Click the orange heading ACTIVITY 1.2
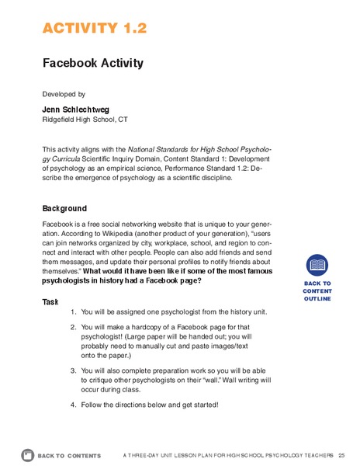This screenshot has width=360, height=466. pyautogui.click(x=94, y=29)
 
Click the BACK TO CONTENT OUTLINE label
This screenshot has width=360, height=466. pyautogui.click(x=317, y=290)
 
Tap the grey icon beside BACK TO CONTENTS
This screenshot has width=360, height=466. pyautogui.click(x=28, y=454)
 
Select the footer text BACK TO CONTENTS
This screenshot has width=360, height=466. pyautogui.click(x=69, y=454)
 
